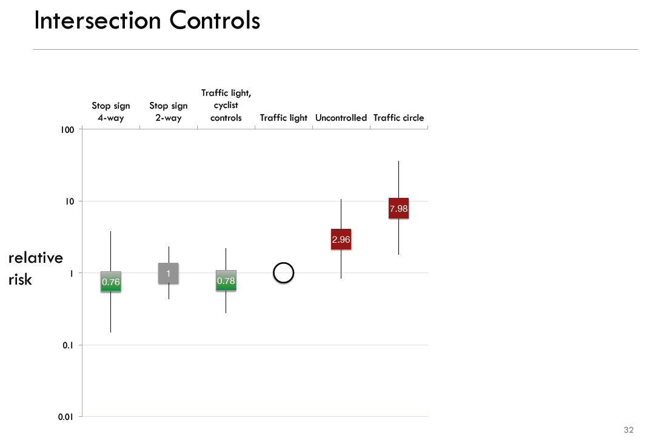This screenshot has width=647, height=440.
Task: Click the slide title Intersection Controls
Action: (x=147, y=21)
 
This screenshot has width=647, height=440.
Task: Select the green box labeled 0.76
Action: (x=111, y=282)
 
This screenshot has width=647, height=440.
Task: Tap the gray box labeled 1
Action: (x=168, y=273)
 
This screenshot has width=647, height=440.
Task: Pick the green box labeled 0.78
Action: (x=226, y=280)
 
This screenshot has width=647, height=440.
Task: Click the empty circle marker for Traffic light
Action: (x=284, y=273)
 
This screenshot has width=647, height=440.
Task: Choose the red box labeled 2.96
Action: (x=341, y=240)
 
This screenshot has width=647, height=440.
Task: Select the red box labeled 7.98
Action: (x=398, y=208)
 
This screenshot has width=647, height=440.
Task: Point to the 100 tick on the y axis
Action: (x=67, y=130)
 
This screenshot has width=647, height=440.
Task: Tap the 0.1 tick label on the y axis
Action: (x=68, y=345)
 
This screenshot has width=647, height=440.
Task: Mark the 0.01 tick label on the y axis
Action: (x=66, y=417)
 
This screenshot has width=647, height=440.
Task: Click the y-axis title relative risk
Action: (x=35, y=269)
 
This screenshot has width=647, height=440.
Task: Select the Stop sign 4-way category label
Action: (x=110, y=112)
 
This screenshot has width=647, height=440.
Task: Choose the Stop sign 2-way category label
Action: (x=168, y=112)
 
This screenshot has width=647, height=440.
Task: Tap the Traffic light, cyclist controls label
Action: (x=226, y=106)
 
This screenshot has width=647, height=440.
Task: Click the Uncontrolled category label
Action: (x=341, y=118)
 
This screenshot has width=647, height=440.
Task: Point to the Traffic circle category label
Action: (x=398, y=118)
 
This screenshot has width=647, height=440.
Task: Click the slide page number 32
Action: (x=628, y=430)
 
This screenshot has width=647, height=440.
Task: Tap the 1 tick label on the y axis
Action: (x=72, y=274)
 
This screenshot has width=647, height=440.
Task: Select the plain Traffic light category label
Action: (x=284, y=118)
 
